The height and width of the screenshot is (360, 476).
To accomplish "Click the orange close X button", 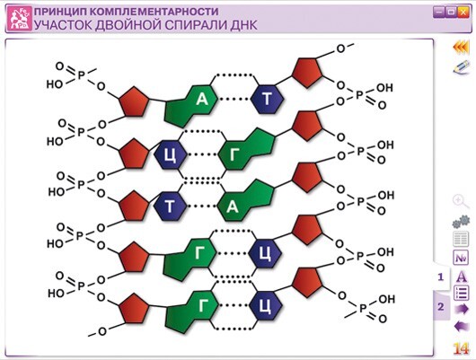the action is pos(463,13).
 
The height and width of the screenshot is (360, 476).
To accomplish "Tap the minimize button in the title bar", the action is pos(438,13).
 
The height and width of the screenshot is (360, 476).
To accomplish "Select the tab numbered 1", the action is pos(441,277).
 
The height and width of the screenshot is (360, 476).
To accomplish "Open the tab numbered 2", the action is pos(441,306).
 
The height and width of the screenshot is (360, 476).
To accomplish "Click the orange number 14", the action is pos(461,348).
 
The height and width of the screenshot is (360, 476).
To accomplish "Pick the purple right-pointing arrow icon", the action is pos(462,310).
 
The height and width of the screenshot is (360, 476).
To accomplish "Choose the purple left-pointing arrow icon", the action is pos(462,327).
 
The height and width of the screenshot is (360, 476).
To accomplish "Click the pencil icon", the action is pos(461,67).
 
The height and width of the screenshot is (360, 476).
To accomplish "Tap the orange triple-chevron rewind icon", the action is pos(461,48).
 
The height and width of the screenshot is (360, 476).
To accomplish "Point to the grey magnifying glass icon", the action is pos(460,202).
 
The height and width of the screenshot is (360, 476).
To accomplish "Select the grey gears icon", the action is pos(461,222).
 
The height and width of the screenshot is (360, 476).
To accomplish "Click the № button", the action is pos(461,258).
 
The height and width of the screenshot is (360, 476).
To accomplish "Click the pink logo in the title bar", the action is pos(20,19).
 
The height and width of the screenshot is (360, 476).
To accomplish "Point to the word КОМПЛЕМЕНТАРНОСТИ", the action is pos(154,12).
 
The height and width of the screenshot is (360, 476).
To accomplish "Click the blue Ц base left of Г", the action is pos(171,155).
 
